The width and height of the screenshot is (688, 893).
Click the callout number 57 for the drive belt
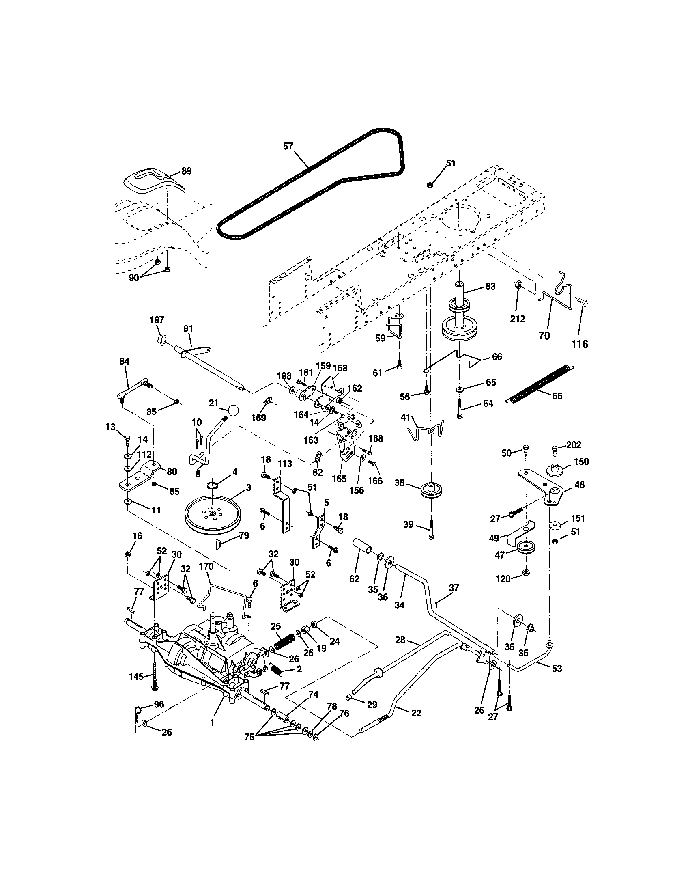(x=288, y=146)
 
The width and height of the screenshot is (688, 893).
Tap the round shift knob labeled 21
(x=232, y=410)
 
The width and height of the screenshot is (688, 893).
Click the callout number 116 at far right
(x=579, y=344)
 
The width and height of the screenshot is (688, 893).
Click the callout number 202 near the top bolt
(x=574, y=445)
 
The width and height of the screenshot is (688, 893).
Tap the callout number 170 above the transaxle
(x=206, y=567)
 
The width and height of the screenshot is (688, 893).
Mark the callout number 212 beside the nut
(x=518, y=319)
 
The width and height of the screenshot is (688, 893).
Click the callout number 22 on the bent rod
(x=415, y=713)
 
